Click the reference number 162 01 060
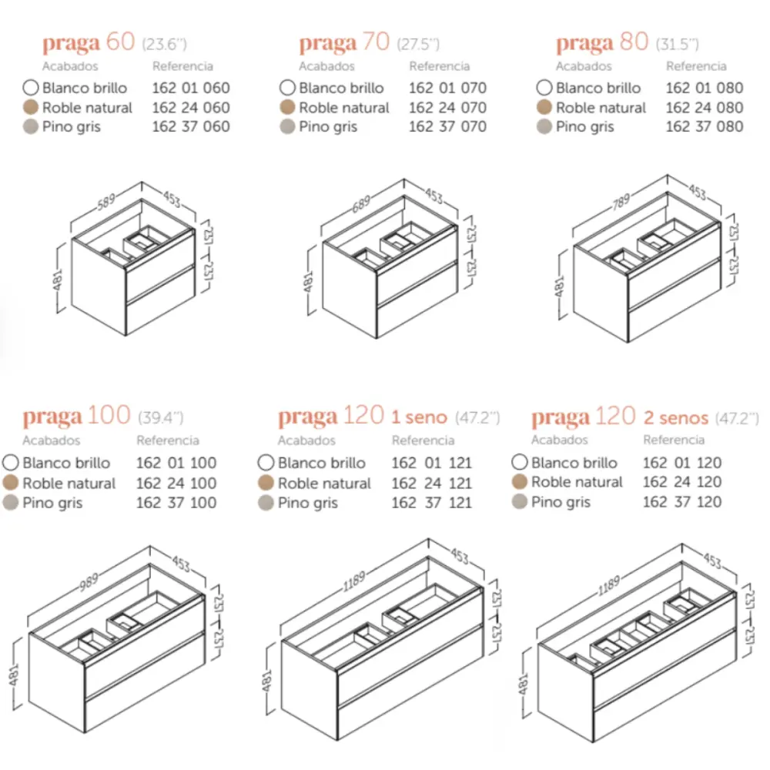tap(191, 88)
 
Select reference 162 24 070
tap(448, 108)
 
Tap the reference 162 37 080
tap(705, 127)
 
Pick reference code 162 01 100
tap(176, 463)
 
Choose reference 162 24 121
tap(432, 484)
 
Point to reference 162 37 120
tap(682, 502)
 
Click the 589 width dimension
tap(106, 202)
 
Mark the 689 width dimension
tap(361, 203)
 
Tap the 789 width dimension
tap(621, 202)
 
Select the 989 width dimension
tap(89, 582)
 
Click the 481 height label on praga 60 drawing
tap(58, 280)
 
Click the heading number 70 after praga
tap(376, 42)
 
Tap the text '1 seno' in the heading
tap(420, 417)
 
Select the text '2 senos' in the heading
tap(676, 418)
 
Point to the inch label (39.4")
tap(161, 418)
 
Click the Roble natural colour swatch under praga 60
tap(31, 107)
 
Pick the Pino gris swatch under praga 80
tap(544, 127)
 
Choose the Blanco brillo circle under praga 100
tap(10, 463)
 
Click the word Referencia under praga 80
tap(696, 66)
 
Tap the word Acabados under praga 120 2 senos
tap(559, 440)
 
